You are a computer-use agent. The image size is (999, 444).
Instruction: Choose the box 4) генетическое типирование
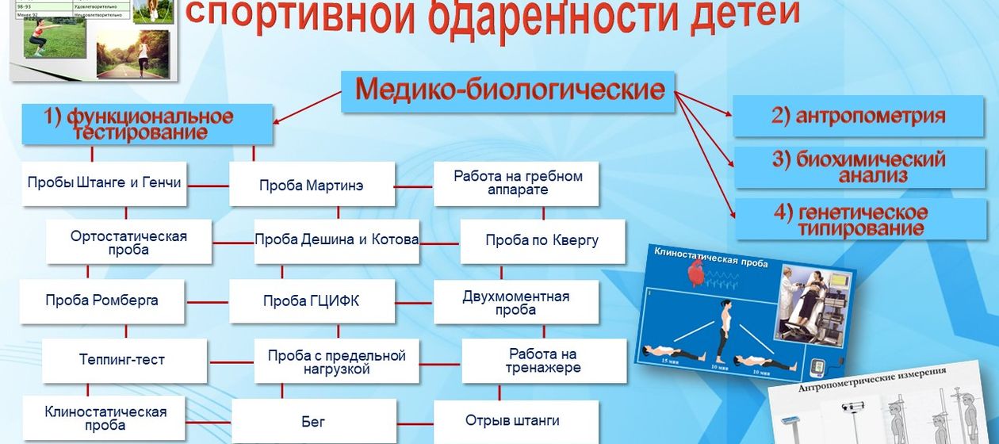pyautogui.click(x=861, y=220)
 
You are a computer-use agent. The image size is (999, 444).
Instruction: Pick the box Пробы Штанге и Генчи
pyautogui.click(x=105, y=183)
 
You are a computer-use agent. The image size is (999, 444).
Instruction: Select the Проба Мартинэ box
pyautogui.click(x=312, y=185)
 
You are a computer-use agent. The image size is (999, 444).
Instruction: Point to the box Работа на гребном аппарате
pyautogui.click(x=517, y=184)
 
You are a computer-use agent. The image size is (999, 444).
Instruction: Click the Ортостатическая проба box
pyautogui.click(x=128, y=242)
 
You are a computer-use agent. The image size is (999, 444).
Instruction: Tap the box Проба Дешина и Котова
pyautogui.click(x=336, y=239)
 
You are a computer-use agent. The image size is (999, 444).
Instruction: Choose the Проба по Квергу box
pyautogui.click(x=542, y=240)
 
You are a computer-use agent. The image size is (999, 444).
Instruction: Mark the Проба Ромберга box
pyautogui.click(x=102, y=300)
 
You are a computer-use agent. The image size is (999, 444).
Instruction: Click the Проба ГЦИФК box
pyautogui.click(x=312, y=301)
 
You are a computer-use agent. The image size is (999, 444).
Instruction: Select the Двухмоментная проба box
pyautogui.click(x=516, y=302)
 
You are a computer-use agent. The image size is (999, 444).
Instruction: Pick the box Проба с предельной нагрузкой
pyautogui.click(x=336, y=362)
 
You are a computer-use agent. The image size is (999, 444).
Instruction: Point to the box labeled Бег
pyautogui.click(x=313, y=422)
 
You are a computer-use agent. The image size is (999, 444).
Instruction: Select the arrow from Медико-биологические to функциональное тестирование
pyautogui.click(x=309, y=107)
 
